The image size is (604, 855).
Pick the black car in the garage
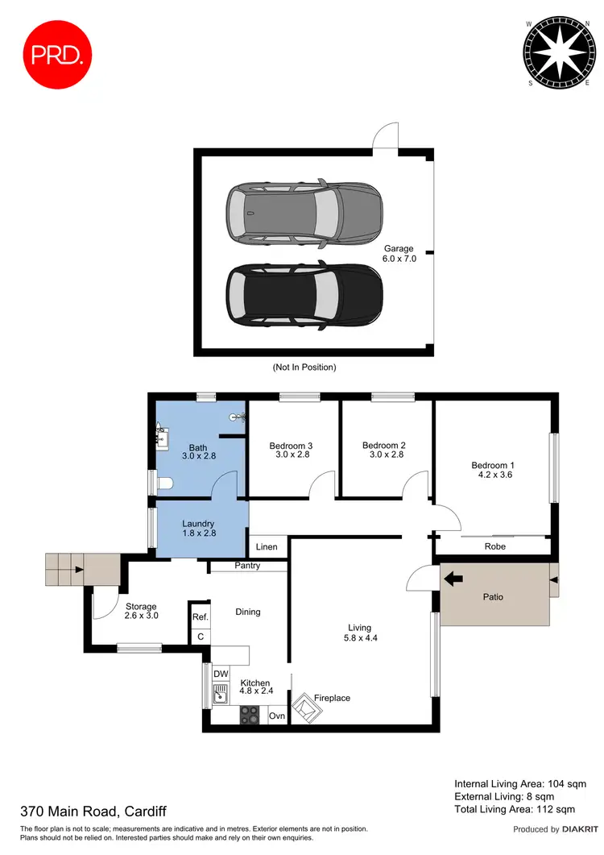click(304, 296)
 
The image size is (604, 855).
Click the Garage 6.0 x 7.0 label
click(399, 254)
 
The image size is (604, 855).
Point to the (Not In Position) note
click(304, 367)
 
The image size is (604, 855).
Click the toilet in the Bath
click(165, 483)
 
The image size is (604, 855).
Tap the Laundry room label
click(197, 528)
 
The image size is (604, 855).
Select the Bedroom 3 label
click(291, 450)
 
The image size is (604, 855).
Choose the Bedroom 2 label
click(383, 450)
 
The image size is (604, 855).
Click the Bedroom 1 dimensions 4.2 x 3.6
click(494, 475)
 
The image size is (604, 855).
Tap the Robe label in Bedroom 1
click(495, 546)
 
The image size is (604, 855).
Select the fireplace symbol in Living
click(308, 708)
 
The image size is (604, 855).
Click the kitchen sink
click(219, 692)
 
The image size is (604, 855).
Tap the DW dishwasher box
click(220, 673)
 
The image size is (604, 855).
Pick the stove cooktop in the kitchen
click(250, 714)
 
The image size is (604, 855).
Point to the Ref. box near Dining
click(200, 617)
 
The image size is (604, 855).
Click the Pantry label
click(247, 567)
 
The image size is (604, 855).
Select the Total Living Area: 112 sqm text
click(515, 808)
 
